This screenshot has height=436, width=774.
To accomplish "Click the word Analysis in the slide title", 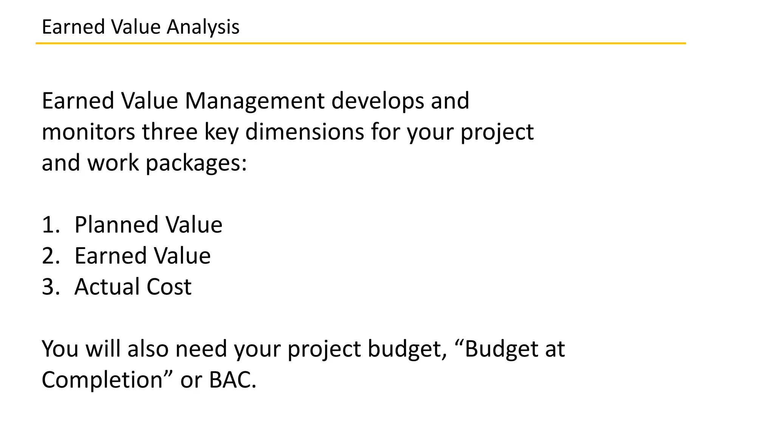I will click(203, 27).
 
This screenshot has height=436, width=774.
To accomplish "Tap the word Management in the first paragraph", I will click(254, 101).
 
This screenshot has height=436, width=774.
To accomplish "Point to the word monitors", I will click(88, 132).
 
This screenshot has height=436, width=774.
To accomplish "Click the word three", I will click(170, 132).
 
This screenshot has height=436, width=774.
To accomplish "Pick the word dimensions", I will click(305, 132).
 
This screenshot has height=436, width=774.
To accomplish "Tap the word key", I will click(221, 133).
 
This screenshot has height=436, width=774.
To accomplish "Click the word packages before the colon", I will click(194, 163).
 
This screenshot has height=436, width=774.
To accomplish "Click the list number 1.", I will click(50, 225).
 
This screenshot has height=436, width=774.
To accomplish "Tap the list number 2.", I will click(51, 256).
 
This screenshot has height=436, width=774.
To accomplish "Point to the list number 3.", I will click(51, 287).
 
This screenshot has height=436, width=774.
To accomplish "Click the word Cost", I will click(169, 287).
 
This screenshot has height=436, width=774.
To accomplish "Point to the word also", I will click(148, 349).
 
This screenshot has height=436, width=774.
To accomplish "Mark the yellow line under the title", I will click(361, 44).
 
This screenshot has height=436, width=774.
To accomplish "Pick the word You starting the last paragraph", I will click(60, 349).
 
